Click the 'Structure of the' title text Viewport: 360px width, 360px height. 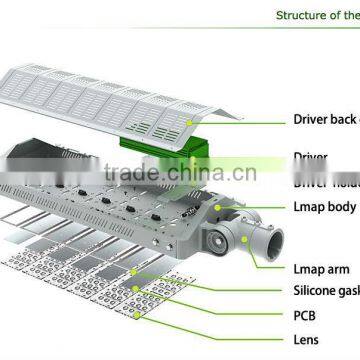pyautogui.click(x=317, y=15)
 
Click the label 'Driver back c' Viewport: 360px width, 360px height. pyautogui.click(x=326, y=120)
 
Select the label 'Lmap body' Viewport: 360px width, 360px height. pyautogui.click(x=325, y=206)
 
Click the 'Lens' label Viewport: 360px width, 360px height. pyautogui.click(x=306, y=339)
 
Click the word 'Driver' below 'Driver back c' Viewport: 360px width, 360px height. pyautogui.click(x=311, y=157)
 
